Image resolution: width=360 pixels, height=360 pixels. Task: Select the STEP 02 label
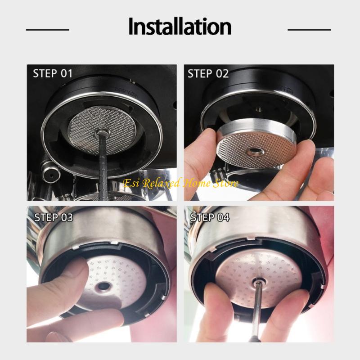tap(207, 73)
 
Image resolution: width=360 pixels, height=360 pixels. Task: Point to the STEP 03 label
tap(54, 217)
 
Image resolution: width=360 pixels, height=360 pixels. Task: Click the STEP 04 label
tap(210, 217)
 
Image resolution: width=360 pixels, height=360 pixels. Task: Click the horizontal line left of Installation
tap(47, 30)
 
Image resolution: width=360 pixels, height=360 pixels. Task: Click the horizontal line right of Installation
tap(309, 30)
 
